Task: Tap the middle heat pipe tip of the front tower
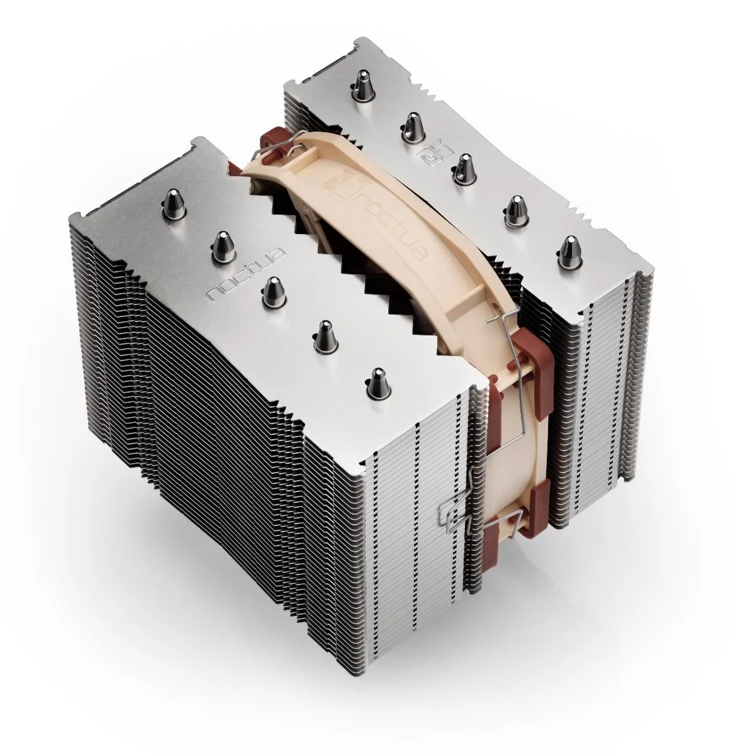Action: pyautogui.click(x=272, y=290)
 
